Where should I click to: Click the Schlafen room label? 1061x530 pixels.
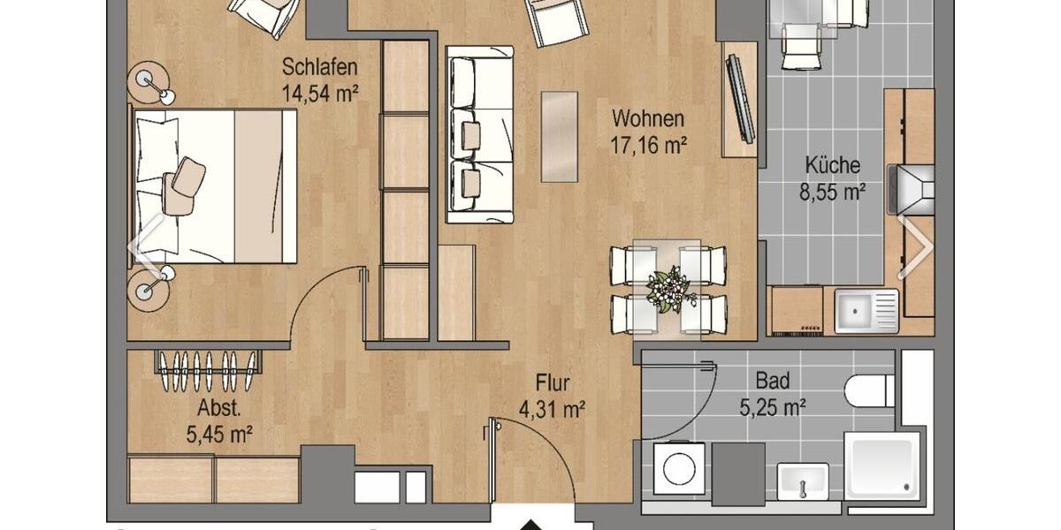319,67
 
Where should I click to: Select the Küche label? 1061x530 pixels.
832,165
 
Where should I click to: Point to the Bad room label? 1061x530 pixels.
772,382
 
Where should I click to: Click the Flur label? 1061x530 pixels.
553,383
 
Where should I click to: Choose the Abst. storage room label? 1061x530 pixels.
218,408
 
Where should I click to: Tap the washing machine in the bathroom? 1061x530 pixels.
680,468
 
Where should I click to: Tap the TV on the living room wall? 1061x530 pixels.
739,98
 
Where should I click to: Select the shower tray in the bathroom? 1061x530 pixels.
881,466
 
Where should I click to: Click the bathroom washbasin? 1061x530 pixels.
803,482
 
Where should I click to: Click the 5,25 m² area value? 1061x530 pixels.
772,408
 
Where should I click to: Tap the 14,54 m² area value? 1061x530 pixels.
319,91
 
